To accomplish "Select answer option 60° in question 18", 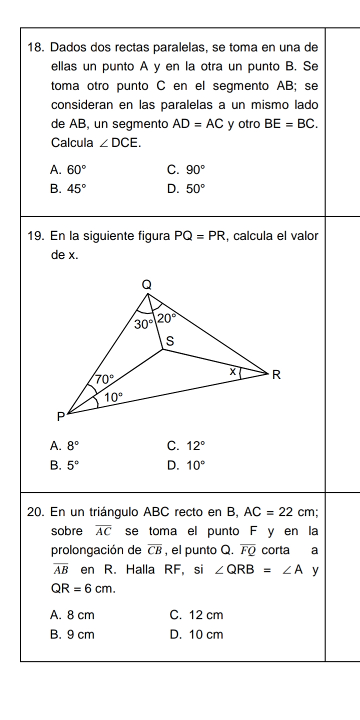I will (x=68, y=169).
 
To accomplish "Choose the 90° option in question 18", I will (x=195, y=169).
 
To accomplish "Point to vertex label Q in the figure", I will (x=146, y=284).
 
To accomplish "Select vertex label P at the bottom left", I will (x=60, y=416).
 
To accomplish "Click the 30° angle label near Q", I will (x=144, y=324).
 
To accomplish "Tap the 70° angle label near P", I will (x=105, y=379).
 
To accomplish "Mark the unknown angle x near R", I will (x=231, y=372).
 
